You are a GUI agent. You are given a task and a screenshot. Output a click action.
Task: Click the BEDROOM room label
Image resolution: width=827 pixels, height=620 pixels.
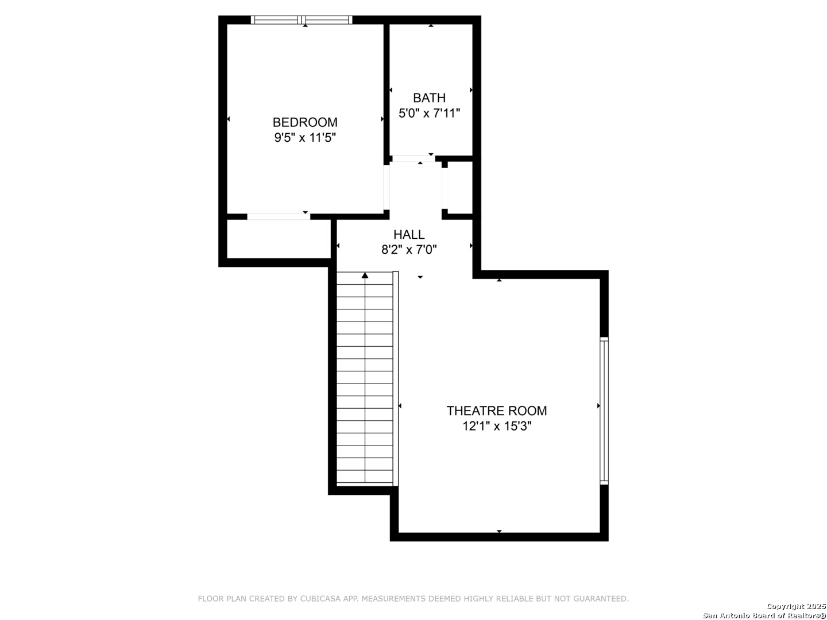point(305,122)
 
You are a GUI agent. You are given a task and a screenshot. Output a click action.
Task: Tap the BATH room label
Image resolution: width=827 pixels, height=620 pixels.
point(429,98)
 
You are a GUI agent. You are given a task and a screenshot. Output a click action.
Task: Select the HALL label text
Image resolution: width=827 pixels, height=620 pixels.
point(409,235)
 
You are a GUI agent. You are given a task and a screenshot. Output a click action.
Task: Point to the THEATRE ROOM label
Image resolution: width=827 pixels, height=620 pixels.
point(497,410)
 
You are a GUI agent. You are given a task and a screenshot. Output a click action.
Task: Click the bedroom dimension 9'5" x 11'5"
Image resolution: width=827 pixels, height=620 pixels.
point(305,137)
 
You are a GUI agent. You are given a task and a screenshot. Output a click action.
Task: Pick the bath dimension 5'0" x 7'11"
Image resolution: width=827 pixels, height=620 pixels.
point(429,113)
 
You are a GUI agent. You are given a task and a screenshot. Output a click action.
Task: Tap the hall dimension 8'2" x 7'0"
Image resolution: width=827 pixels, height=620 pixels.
point(409,249)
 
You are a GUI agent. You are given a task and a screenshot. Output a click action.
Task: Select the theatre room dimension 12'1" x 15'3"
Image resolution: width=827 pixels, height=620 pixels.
point(497,426)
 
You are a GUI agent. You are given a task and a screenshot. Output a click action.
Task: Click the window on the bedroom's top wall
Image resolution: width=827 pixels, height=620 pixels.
point(302,20)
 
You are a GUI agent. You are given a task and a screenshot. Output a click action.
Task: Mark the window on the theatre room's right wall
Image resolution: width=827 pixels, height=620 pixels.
point(604,410)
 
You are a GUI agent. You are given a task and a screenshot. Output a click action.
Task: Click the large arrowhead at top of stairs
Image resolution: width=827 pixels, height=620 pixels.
point(365,276)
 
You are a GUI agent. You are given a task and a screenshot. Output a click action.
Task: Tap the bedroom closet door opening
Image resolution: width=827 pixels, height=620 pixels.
point(279,216)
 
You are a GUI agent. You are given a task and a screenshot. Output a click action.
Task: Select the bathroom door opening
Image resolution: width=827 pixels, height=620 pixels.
point(413,158)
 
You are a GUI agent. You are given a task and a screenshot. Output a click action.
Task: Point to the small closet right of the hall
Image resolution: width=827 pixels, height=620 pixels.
point(459,188)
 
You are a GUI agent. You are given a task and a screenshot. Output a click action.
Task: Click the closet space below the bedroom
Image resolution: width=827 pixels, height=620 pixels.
point(279,239)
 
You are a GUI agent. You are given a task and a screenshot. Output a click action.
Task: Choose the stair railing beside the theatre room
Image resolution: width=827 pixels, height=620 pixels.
point(396,378)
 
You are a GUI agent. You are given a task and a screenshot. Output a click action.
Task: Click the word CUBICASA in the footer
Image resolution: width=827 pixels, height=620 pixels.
point(320,599)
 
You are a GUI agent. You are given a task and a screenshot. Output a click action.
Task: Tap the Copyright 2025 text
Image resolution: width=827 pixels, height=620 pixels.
point(796,606)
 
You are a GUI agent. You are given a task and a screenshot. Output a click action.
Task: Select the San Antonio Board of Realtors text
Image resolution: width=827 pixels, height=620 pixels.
point(764,615)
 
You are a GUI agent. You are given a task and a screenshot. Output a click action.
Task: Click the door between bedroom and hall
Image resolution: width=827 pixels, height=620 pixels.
point(386,188)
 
